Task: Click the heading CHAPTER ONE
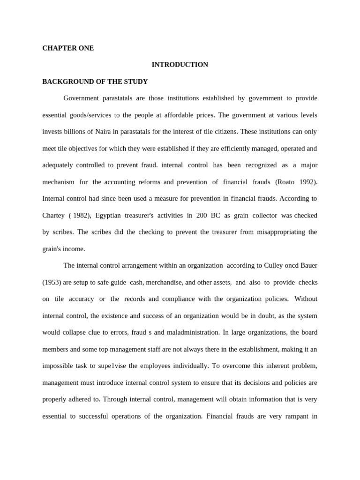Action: (x=68, y=48)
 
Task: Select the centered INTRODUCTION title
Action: (x=180, y=65)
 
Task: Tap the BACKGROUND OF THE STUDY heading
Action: (x=95, y=82)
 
